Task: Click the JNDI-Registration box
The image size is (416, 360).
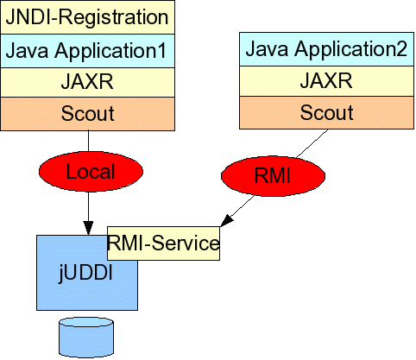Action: pos(87,17)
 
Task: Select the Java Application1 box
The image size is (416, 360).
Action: pos(87,51)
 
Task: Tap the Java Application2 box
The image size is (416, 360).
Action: pos(326,49)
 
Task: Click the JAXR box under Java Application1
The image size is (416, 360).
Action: pos(87,82)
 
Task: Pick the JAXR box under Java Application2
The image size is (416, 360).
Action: pos(326,81)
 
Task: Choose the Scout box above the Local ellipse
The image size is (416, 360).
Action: pos(87,114)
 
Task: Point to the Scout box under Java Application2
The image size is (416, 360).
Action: pos(326,112)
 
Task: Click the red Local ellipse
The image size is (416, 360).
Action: pos(91,172)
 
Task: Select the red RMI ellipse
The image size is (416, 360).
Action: pos(273,176)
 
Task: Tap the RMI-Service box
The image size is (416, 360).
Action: pos(163,243)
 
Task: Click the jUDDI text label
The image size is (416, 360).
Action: pos(85,272)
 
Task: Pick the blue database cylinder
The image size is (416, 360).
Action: pos(86,338)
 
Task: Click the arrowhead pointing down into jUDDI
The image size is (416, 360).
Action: pos(88,228)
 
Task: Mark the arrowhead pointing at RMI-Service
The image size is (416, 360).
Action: pos(226,220)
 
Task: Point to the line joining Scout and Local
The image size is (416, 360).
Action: pos(88,142)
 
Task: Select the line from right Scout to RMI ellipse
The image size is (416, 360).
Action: pos(312,143)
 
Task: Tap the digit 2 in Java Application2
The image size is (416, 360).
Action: pos(401,48)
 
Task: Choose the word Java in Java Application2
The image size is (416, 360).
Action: pos(267,48)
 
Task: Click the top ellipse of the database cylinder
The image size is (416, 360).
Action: pos(86,322)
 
